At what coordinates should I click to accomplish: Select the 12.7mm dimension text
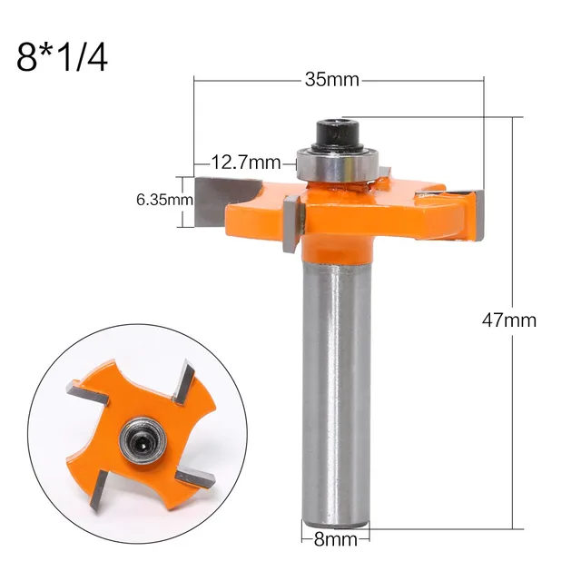(x=246, y=163)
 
